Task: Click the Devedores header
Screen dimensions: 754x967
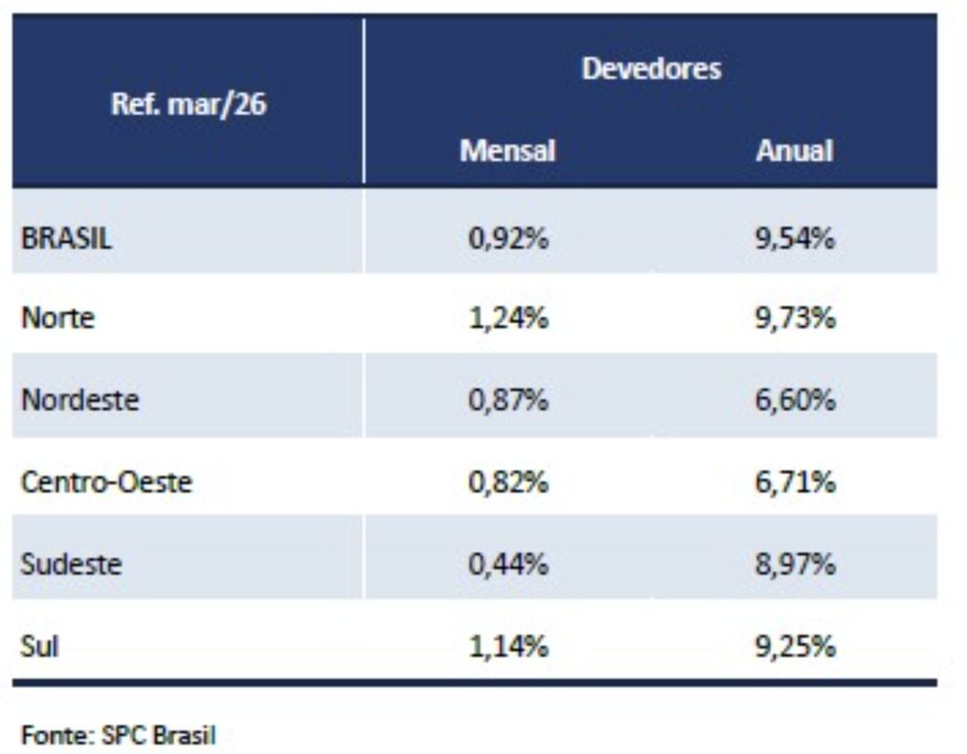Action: click(650, 68)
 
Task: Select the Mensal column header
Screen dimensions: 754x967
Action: click(507, 150)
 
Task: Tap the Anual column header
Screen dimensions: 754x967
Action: click(794, 150)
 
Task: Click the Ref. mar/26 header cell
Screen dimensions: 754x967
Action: click(188, 103)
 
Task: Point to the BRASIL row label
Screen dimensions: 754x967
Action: click(67, 239)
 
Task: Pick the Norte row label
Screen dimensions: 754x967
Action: click(57, 319)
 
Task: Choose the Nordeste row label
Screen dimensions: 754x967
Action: click(80, 400)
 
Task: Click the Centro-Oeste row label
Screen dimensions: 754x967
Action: click(107, 481)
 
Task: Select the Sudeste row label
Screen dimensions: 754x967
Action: click(71, 563)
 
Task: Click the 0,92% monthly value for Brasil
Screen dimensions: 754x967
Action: click(508, 239)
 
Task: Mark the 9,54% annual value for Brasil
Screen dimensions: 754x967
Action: click(795, 239)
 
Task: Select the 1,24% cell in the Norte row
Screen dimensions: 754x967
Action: click(508, 319)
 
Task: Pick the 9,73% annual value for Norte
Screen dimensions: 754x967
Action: click(795, 319)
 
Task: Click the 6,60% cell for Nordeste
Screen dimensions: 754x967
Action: click(795, 400)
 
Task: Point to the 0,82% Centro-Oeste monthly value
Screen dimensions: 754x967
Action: click(508, 481)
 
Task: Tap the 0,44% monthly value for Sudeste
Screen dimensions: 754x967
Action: click(508, 563)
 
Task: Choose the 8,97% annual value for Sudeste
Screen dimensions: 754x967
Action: click(795, 563)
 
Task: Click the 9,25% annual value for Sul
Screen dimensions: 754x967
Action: click(795, 646)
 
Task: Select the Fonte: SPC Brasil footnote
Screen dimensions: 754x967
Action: click(119, 735)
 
